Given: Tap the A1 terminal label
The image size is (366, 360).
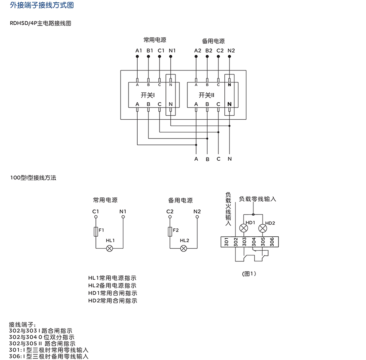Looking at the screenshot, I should (x=138, y=51).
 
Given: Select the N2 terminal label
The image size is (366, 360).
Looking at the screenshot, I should (x=231, y=51).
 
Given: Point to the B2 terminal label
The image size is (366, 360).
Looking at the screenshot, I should (x=209, y=51).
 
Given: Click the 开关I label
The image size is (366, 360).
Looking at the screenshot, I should (x=148, y=95).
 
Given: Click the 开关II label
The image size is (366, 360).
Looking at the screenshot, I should (x=206, y=95).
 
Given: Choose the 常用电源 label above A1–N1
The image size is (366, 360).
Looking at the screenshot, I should (x=155, y=40).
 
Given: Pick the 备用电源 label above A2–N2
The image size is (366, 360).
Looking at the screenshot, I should (x=213, y=41).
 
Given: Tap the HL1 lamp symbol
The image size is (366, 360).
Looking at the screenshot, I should (x=110, y=248).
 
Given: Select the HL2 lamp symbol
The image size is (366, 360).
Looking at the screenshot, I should (x=184, y=248).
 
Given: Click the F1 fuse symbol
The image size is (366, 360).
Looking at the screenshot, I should (x=95, y=231).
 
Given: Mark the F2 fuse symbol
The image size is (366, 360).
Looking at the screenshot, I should (x=170, y=231).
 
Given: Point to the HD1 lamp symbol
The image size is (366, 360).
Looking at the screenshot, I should (x=244, y=228).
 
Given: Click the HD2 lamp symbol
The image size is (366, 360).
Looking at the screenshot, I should (x=263, y=228).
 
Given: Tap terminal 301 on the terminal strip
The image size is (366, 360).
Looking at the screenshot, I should (x=226, y=241).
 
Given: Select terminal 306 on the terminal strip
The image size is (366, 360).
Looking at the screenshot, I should (x=272, y=241).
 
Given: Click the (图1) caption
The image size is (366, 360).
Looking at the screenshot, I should (x=249, y=274).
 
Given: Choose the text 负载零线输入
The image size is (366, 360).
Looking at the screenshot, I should (x=257, y=199).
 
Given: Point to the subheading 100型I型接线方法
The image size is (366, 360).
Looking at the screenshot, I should (x=33, y=178).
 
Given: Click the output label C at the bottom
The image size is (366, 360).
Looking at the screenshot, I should (x=218, y=159).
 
